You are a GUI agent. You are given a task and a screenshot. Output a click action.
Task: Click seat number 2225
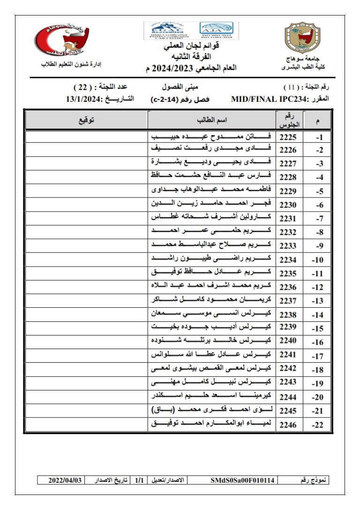pos(288,137)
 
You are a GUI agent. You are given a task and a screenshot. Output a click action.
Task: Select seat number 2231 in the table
pos(288,219)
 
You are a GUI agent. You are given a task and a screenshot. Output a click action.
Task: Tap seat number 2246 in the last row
pos(288,426)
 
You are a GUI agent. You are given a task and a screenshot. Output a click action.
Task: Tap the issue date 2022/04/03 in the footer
pos(66,480)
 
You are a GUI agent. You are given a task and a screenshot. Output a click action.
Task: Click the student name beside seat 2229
pos(211,191)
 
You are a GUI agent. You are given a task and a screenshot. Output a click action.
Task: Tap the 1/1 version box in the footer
pos(139,480)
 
